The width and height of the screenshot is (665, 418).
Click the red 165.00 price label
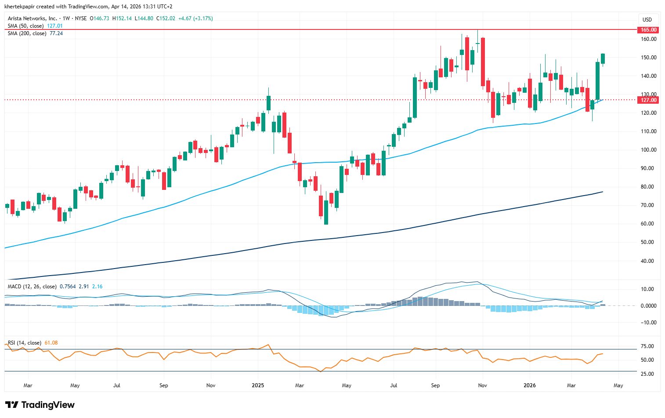(x=648, y=30)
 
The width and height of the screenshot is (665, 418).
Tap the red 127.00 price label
(x=648, y=100)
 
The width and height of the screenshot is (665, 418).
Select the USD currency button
(x=647, y=19)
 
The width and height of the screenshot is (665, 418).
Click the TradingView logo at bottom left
(x=40, y=405)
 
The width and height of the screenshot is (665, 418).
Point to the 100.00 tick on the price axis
(x=648, y=150)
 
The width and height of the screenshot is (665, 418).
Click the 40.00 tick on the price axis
(x=648, y=261)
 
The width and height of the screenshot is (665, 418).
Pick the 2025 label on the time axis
(x=258, y=385)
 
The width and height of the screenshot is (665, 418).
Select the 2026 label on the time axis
(x=530, y=385)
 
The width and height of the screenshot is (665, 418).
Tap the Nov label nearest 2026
(x=483, y=385)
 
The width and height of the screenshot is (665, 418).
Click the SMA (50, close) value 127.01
(x=54, y=26)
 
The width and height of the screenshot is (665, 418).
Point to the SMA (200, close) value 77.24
(x=56, y=33)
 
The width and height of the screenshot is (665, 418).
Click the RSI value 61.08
(x=51, y=343)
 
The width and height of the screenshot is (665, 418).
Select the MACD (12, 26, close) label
(x=32, y=287)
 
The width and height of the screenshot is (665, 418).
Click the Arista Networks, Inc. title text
(x=33, y=18)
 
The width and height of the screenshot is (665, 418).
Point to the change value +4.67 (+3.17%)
(x=198, y=18)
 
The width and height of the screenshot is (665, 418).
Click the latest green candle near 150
(x=603, y=59)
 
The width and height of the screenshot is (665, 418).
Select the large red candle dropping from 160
(x=483, y=62)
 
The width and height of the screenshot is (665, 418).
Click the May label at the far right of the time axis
(x=618, y=385)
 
